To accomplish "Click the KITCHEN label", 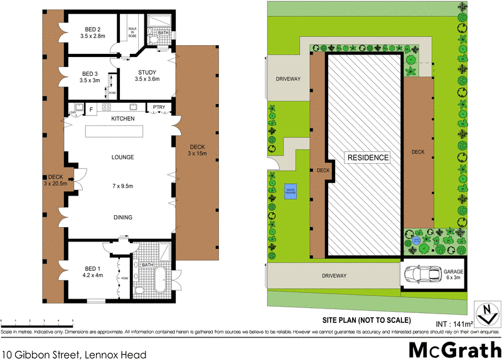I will tap(123, 119).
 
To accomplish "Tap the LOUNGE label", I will tap(123, 157).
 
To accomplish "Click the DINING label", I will tap(123, 218).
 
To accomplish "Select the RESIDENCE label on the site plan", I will tap(368, 157).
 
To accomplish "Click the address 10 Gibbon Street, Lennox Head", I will tap(74, 354).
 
